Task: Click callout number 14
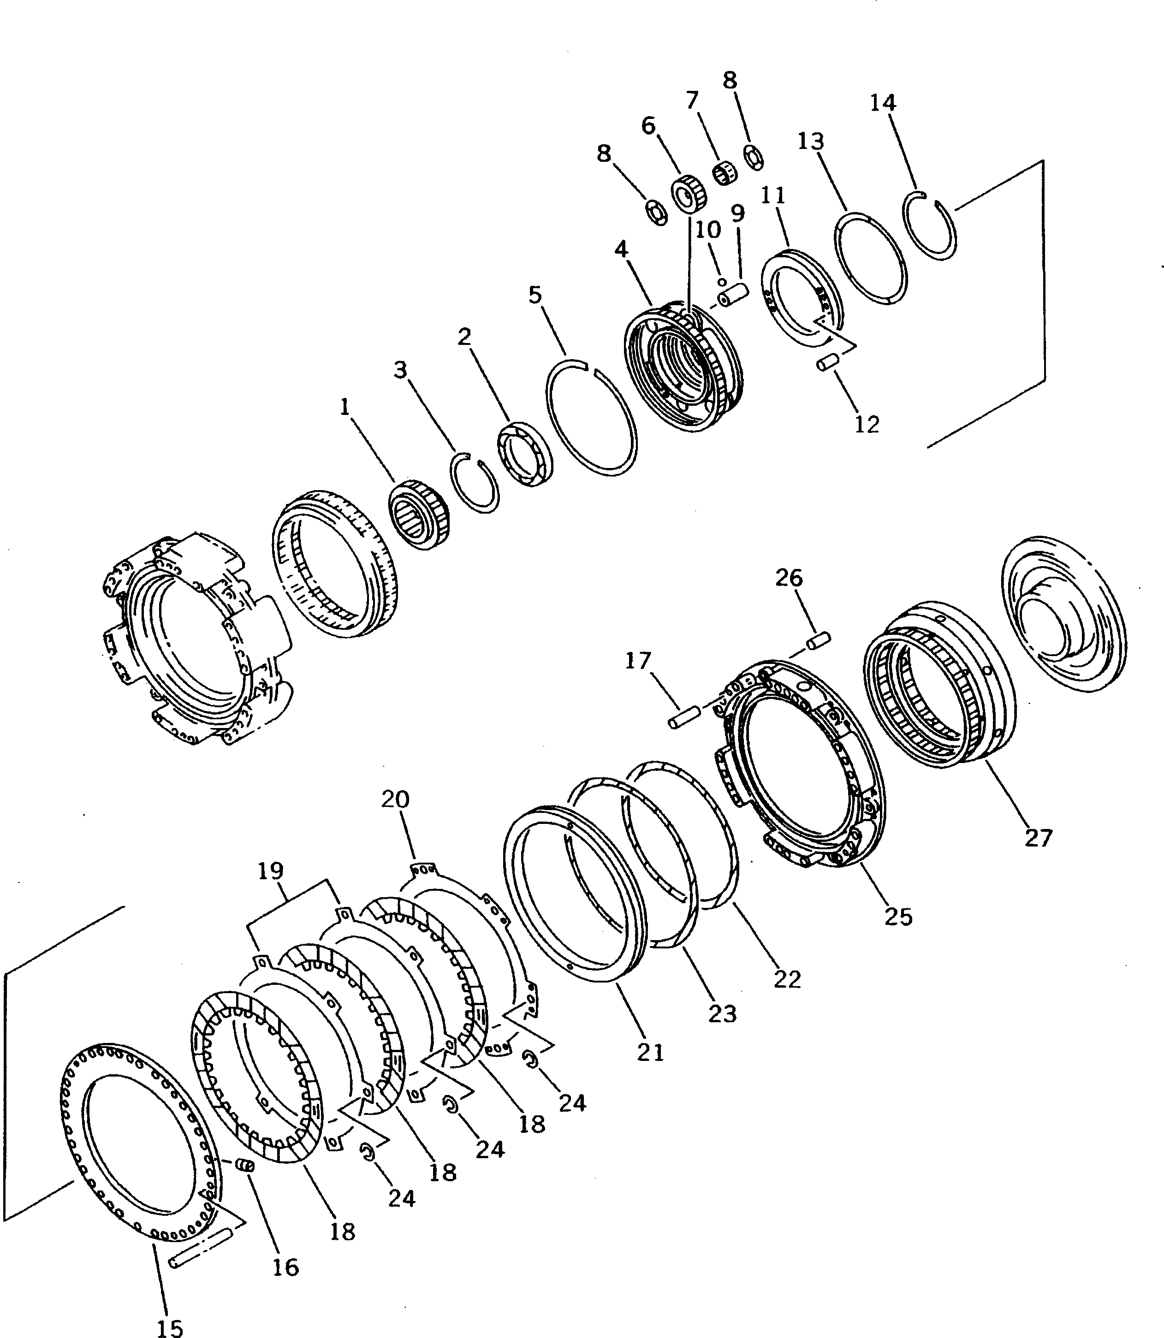(883, 103)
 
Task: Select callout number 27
(1038, 838)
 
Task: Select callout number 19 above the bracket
(271, 870)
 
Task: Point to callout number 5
(534, 295)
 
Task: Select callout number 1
(345, 407)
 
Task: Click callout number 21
(650, 1052)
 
